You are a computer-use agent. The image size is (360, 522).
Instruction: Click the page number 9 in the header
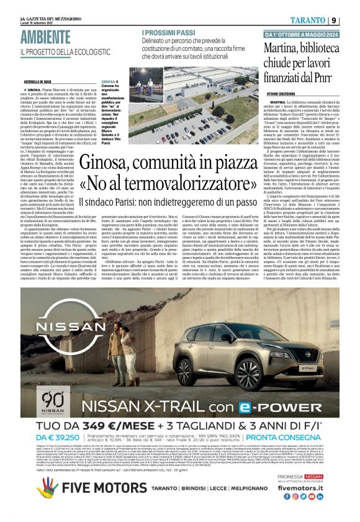pos(333,20)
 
